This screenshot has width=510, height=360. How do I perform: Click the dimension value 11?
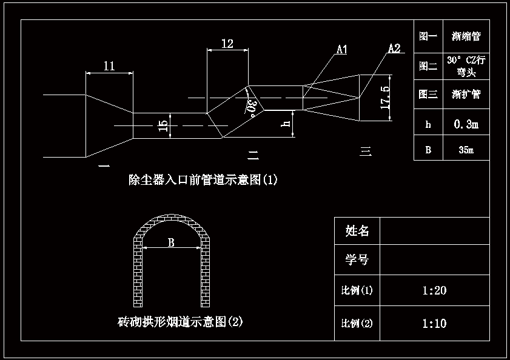(109, 67)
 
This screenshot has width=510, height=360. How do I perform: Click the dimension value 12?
(227, 44)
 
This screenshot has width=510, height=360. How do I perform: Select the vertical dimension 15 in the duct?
(163, 126)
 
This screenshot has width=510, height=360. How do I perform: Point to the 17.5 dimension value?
(384, 97)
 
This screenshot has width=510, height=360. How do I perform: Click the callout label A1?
(341, 50)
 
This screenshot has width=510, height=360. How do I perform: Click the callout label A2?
(394, 48)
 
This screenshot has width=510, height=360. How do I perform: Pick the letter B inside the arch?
(171, 242)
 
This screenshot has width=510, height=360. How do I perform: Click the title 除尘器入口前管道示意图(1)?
(203, 179)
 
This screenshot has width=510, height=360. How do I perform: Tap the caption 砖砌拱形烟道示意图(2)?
(180, 321)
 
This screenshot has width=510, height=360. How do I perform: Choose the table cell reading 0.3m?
(466, 124)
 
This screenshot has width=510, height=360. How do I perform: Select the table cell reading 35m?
(466, 150)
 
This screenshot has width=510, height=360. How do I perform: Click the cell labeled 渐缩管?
(466, 36)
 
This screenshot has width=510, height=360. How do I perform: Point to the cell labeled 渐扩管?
(466, 95)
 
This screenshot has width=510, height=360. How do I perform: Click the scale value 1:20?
(434, 290)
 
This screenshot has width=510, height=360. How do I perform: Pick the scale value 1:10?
(434, 323)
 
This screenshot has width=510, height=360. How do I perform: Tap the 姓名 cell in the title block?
(357, 231)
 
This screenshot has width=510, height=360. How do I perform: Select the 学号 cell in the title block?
(357, 260)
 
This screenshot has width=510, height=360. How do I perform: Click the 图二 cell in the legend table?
(428, 66)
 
